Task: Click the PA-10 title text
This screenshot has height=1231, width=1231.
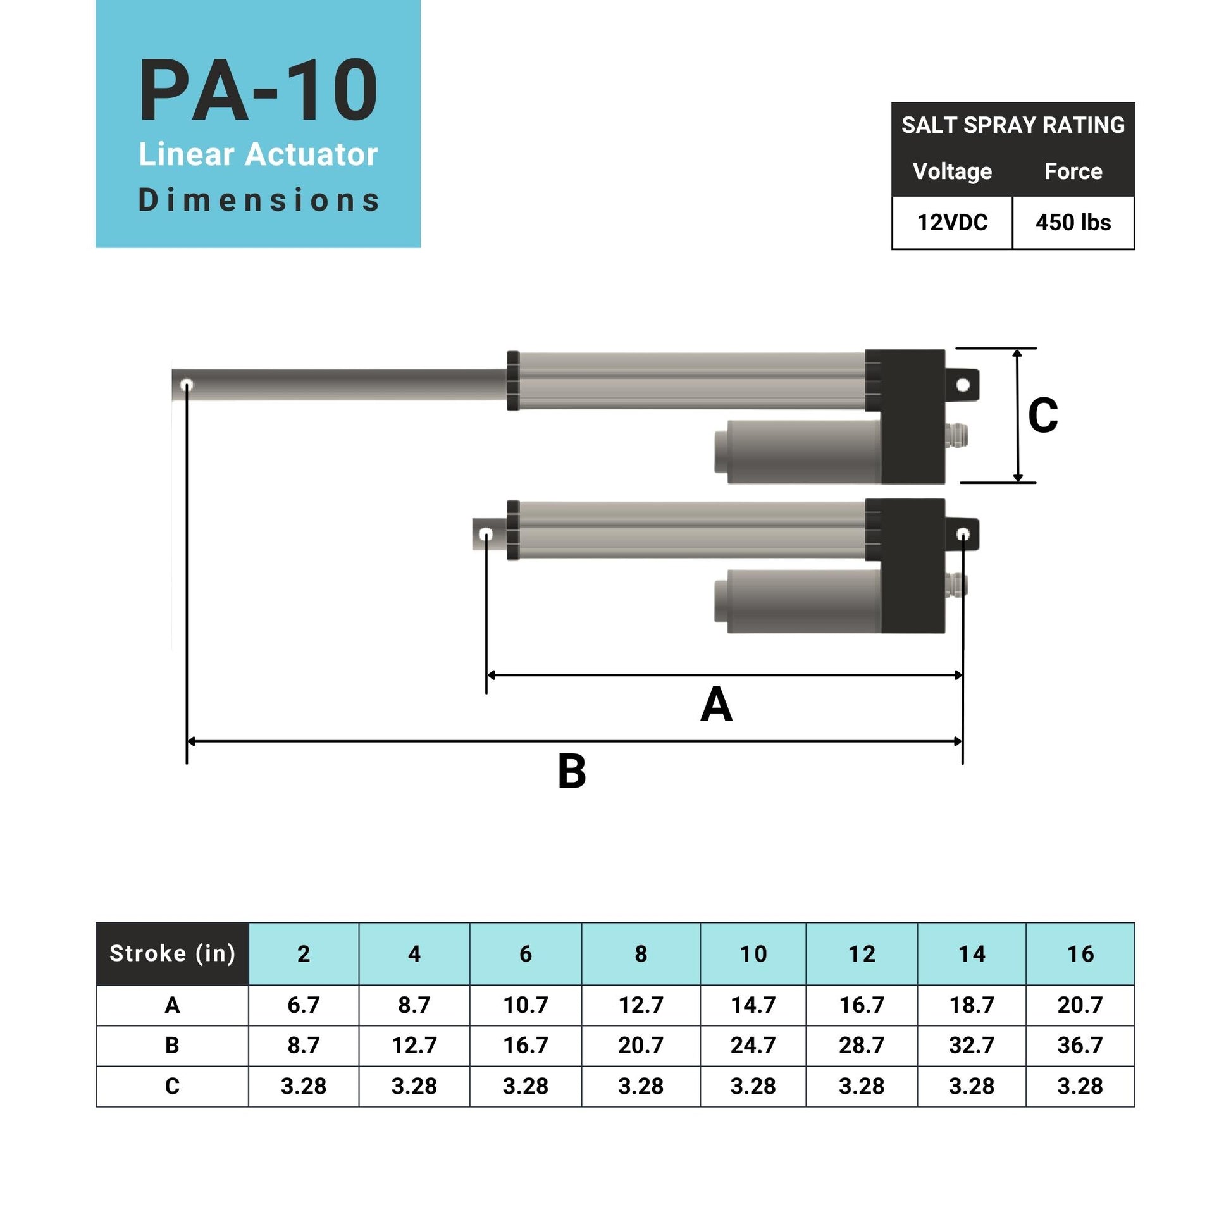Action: [258, 90]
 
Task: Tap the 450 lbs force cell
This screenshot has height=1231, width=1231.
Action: [1073, 223]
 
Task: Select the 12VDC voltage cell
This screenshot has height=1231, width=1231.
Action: [952, 223]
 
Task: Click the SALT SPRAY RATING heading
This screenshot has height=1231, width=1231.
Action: [1013, 125]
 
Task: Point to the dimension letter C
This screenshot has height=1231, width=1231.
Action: [1042, 416]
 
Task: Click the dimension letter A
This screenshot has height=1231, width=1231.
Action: [716, 705]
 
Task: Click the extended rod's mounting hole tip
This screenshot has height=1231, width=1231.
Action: [187, 385]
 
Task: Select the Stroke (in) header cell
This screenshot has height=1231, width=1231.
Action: [172, 953]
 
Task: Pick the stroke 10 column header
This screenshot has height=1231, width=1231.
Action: [753, 954]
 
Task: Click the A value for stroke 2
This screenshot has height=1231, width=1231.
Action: [303, 1005]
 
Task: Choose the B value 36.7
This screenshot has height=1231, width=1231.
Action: [1080, 1045]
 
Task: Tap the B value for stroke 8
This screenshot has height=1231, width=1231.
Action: [641, 1045]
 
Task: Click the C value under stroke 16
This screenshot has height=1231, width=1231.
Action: [1080, 1086]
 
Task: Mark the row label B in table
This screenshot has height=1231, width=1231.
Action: [172, 1045]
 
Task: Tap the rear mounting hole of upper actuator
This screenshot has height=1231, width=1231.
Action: [963, 385]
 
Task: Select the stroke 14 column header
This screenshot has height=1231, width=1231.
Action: [972, 954]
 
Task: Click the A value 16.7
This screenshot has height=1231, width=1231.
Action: [862, 1005]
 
